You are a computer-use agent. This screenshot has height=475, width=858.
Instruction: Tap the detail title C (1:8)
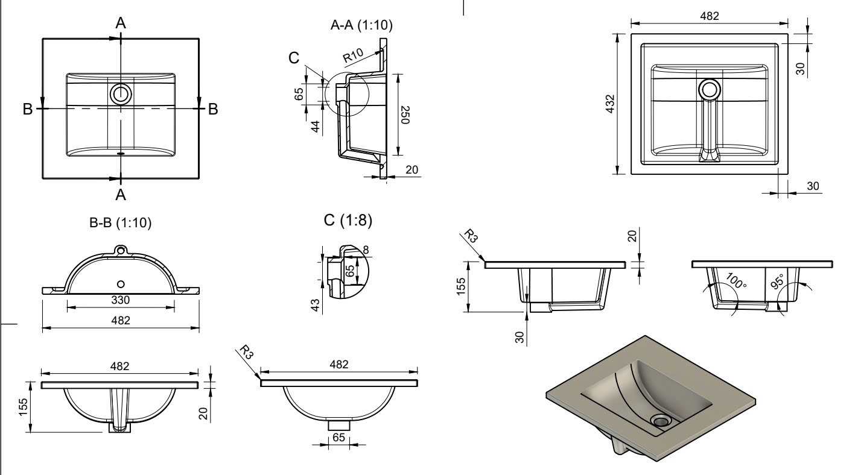[x=348, y=221]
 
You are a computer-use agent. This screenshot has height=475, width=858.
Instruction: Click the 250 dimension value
[x=405, y=113]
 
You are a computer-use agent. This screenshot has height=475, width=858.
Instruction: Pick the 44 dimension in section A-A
[x=314, y=127]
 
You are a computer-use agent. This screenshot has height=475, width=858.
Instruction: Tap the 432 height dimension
[x=610, y=104]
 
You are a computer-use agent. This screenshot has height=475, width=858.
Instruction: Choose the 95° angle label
[x=778, y=282]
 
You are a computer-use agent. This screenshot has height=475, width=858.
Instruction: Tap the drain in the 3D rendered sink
[x=661, y=420]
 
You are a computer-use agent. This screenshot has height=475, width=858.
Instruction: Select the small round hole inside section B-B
[x=121, y=283]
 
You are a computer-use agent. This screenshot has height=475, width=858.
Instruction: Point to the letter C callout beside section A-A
[x=294, y=58]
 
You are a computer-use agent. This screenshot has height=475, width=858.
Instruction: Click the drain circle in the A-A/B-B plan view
[x=120, y=94]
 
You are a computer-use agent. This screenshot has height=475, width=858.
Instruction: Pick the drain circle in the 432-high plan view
[x=709, y=90]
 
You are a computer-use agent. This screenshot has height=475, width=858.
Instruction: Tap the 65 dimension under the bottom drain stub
[x=339, y=438]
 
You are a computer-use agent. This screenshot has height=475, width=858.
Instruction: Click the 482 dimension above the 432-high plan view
[x=709, y=16]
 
